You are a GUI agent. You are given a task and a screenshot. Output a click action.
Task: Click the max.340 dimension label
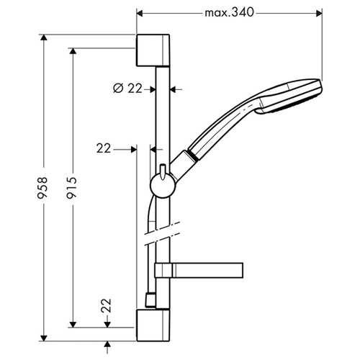click(229, 12)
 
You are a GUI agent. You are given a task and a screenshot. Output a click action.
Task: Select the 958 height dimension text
click(43, 188)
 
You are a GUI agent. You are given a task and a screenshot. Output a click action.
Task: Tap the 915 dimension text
click(72, 188)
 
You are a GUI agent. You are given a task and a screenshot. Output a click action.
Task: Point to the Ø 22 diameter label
click(127, 89)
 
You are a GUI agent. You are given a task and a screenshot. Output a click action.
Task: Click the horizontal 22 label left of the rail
click(104, 148)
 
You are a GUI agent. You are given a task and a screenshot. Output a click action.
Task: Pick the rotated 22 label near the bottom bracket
click(107, 305)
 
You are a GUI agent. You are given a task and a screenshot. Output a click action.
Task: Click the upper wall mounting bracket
click(153, 50)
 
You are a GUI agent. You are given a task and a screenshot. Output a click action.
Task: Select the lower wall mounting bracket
click(153, 325)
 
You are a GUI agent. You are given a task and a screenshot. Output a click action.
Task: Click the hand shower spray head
click(289, 96)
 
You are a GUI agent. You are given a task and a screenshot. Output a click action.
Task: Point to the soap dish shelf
click(199, 270)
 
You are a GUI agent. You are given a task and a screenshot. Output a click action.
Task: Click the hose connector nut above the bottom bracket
click(150, 300)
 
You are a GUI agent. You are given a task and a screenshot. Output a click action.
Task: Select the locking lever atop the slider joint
click(163, 171)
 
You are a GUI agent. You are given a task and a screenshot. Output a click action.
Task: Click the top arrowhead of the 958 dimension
click(43, 38)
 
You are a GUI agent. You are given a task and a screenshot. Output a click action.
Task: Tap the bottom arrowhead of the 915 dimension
click(73, 324)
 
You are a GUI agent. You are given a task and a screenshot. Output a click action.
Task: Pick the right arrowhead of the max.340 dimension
click(319, 13)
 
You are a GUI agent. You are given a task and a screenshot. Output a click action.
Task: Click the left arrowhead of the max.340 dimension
click(140, 13)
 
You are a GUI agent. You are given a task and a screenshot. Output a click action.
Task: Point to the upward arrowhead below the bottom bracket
click(107, 345)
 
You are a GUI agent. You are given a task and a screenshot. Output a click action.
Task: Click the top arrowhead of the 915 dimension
click(73, 51)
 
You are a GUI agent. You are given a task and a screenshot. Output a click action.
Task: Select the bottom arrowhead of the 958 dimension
click(43, 338)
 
